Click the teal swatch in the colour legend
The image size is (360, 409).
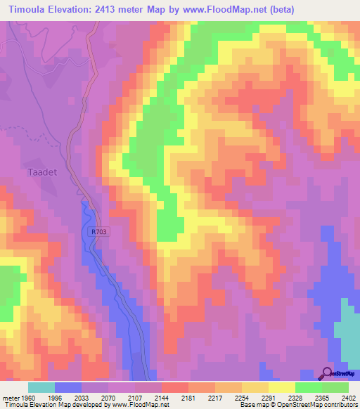coord(41,387)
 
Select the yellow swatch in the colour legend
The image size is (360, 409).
coord(281,387)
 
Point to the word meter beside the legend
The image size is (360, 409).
coord(13,396)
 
